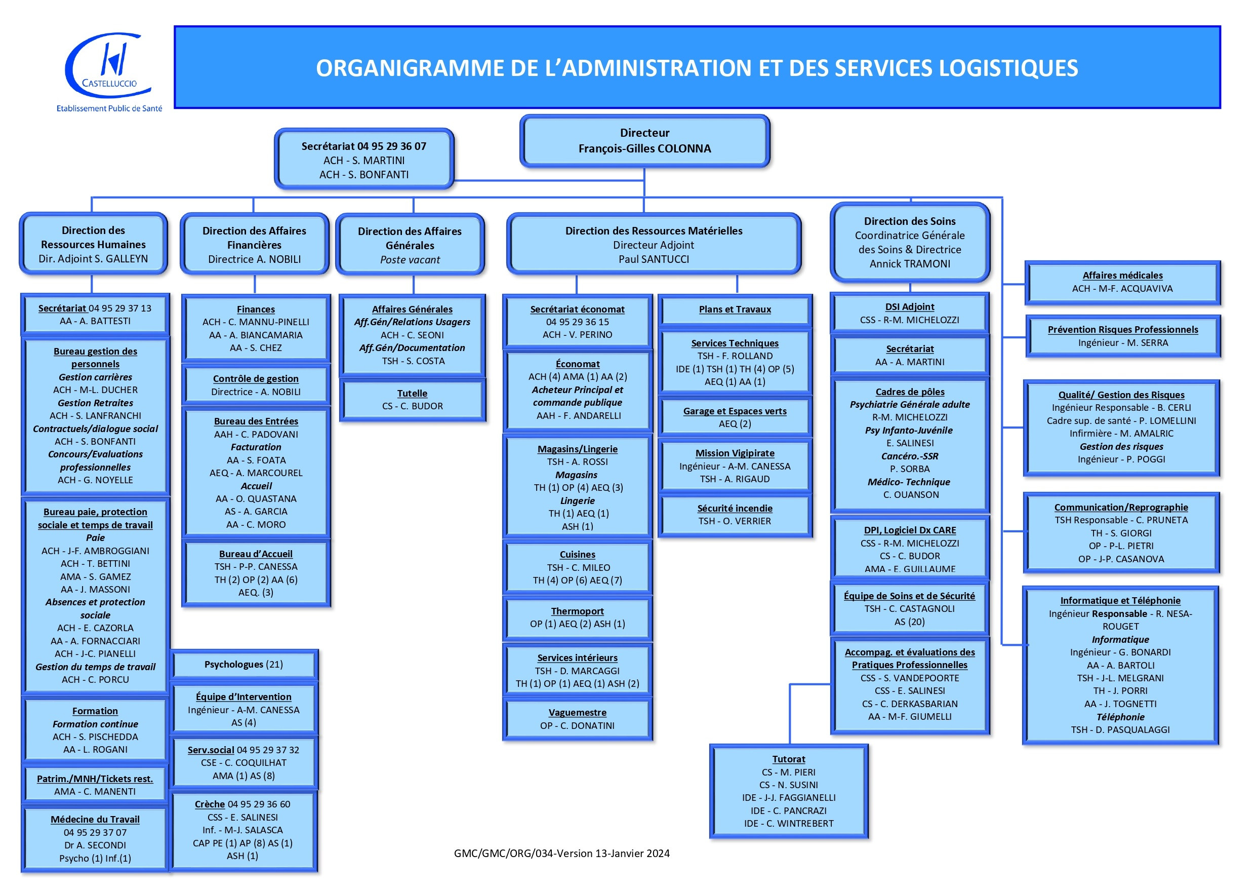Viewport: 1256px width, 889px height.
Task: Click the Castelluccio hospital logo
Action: (109, 71)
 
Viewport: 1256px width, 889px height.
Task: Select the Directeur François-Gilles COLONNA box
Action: (645, 141)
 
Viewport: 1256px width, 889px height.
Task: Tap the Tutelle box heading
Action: (413, 393)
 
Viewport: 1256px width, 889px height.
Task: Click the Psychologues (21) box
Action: (244, 665)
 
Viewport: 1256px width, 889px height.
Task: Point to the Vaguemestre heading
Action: (578, 712)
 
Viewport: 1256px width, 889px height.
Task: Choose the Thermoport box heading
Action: (578, 611)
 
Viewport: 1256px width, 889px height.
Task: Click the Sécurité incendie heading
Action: (735, 508)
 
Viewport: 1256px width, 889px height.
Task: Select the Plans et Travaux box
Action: (735, 310)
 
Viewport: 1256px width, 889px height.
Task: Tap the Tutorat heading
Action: (789, 759)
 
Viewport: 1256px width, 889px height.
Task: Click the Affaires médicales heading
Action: (1122, 276)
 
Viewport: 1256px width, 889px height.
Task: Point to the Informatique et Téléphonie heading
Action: (1120, 600)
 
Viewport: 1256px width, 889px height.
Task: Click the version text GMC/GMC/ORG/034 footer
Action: (562, 853)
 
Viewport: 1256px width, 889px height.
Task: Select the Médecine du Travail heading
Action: (95, 819)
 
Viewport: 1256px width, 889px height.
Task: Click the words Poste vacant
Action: (410, 259)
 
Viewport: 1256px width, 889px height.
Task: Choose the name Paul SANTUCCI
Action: (654, 259)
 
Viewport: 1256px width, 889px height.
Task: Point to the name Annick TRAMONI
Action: (910, 263)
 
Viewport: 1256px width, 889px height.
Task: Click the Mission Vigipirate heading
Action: (735, 453)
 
